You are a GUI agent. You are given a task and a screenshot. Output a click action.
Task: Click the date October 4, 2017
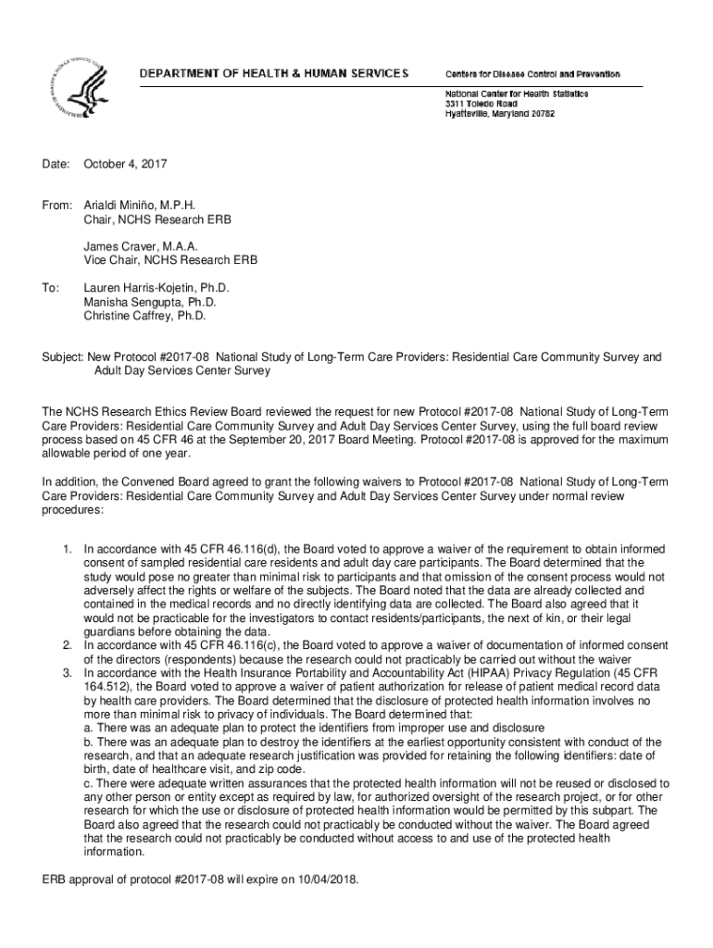[x=125, y=165]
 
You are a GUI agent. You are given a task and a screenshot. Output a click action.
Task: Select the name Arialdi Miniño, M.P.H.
[x=140, y=205]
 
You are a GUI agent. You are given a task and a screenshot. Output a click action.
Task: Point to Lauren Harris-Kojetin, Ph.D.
[x=156, y=288]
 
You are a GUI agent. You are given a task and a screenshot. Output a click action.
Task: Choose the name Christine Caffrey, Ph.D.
[x=144, y=316]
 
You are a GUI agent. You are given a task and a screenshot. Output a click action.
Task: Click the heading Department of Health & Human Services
[x=274, y=73]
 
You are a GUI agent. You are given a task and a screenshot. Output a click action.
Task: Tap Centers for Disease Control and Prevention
[x=532, y=74]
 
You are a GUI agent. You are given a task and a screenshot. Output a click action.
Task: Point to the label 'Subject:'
[x=63, y=357]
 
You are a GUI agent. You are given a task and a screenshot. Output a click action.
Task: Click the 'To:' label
[x=52, y=288]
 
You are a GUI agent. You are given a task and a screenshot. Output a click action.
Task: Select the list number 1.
[x=68, y=550]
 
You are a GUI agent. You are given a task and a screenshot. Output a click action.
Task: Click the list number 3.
[x=68, y=672]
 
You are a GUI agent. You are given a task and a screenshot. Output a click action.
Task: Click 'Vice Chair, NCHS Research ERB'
[x=170, y=260]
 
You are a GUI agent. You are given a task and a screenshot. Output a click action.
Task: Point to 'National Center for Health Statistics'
[x=517, y=94]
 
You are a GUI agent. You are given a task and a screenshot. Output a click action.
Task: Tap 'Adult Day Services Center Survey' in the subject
[x=181, y=371]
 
